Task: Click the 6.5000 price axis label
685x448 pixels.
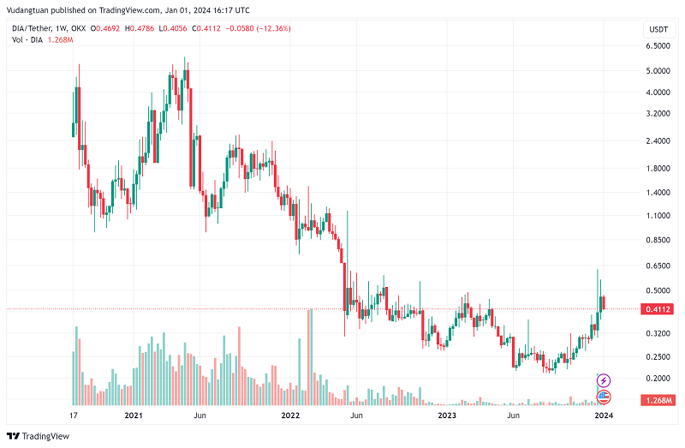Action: [x=658, y=69]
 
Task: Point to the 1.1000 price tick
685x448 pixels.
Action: [x=658, y=216]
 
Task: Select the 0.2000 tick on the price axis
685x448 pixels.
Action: [x=658, y=378]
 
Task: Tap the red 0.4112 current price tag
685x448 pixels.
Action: [x=658, y=309]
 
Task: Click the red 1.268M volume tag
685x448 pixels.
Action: [x=658, y=399]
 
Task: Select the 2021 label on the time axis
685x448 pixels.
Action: [x=133, y=415]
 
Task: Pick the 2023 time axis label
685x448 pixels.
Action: [x=446, y=415]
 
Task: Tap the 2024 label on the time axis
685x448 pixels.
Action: [x=603, y=415]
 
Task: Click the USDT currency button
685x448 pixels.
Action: [x=658, y=29]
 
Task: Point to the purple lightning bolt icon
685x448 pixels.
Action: [x=604, y=379]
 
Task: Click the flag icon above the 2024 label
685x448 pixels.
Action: [x=604, y=396]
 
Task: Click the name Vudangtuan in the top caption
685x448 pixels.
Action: [x=32, y=11]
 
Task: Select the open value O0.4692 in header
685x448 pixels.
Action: [x=104, y=28]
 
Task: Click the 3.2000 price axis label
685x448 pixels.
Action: [x=658, y=113]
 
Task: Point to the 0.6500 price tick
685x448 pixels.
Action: [x=658, y=266]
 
